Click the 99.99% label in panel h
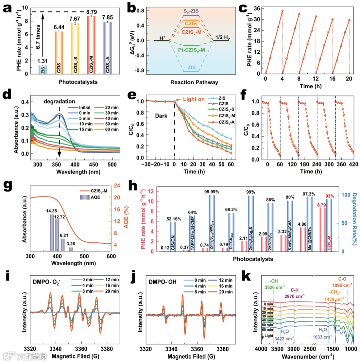(x=211, y=192)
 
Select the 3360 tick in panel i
(x=79, y=348)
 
